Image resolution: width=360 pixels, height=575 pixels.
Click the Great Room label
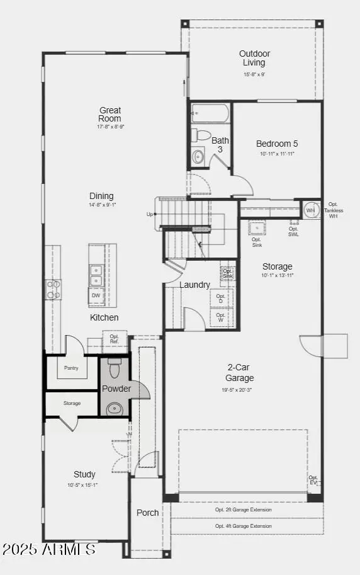(110, 115)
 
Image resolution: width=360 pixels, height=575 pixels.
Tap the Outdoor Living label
(254, 58)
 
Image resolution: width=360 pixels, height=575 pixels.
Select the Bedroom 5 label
(277, 144)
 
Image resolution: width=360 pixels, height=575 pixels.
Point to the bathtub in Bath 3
(210, 113)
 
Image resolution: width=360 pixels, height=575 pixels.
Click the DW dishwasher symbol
(96, 295)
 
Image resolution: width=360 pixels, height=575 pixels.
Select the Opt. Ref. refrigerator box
(114, 339)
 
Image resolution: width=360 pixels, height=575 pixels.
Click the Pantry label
(71, 368)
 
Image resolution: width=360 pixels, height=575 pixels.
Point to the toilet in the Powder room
(114, 368)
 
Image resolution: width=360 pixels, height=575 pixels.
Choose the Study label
(84, 474)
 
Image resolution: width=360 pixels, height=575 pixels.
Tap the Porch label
(148, 513)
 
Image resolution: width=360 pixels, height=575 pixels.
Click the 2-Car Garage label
(240, 373)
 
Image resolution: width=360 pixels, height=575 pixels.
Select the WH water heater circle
(310, 210)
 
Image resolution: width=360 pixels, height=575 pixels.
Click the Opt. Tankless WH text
(334, 210)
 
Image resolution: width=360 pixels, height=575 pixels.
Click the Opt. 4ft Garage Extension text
(244, 526)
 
